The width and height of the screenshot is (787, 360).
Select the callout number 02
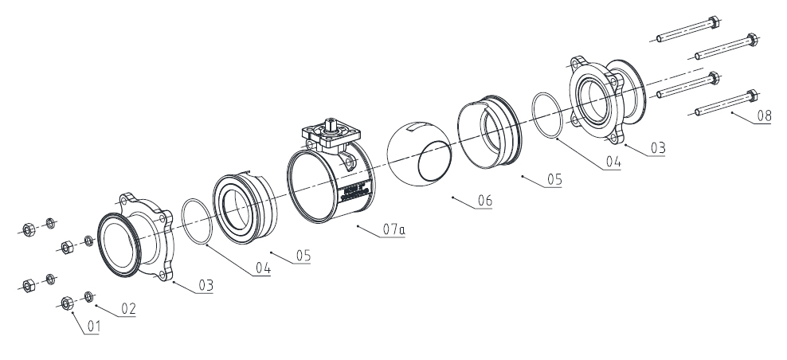pos(128,307)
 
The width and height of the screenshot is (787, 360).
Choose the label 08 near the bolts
pos(763,116)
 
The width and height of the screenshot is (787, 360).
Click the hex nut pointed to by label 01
pos(67,303)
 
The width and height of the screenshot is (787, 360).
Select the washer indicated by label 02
pos(89,297)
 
